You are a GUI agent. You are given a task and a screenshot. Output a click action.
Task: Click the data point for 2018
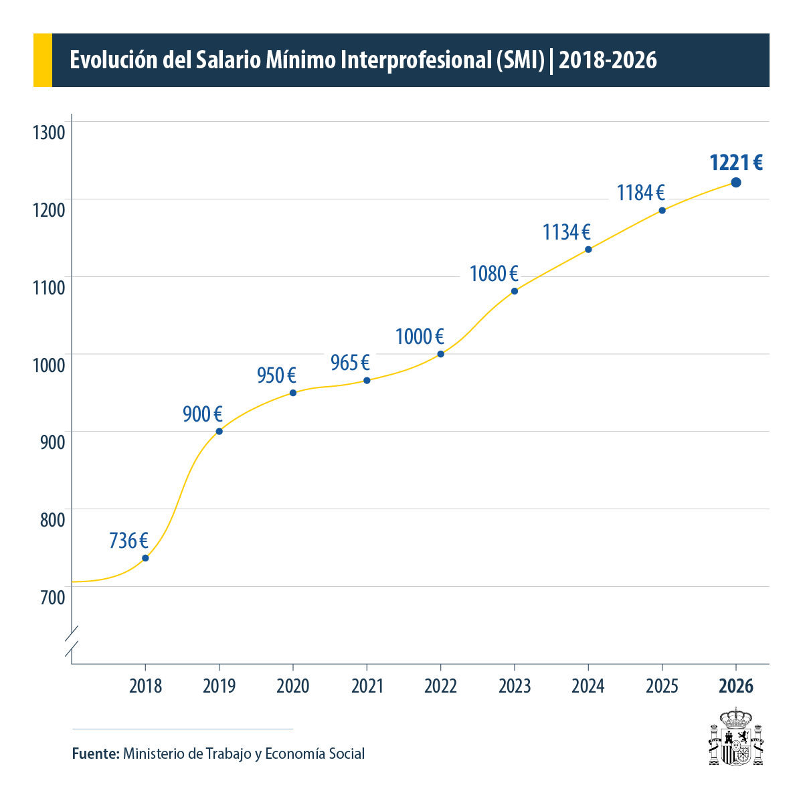(x=145, y=558)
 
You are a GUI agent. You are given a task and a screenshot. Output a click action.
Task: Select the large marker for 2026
(x=736, y=183)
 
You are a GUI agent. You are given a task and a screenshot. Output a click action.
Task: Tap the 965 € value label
(x=350, y=363)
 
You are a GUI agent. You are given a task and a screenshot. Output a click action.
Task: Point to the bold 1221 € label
(x=736, y=163)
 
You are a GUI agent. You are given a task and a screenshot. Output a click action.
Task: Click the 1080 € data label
(x=494, y=274)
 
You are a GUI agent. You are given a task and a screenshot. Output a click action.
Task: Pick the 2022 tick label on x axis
(x=440, y=686)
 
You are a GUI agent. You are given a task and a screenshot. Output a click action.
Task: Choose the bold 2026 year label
(x=736, y=686)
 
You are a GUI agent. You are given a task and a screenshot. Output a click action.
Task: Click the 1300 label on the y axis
(x=49, y=132)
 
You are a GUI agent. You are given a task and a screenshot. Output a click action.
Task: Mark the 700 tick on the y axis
(x=52, y=597)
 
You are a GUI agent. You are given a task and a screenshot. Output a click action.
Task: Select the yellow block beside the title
(x=42, y=60)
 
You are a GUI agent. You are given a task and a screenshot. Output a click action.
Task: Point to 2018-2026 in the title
(x=607, y=60)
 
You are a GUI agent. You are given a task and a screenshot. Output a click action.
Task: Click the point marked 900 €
(x=219, y=432)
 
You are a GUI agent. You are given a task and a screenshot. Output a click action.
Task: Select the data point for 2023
(x=515, y=291)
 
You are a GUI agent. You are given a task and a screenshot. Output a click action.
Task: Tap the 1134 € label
(x=566, y=232)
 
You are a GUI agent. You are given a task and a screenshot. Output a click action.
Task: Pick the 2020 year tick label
(x=293, y=686)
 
